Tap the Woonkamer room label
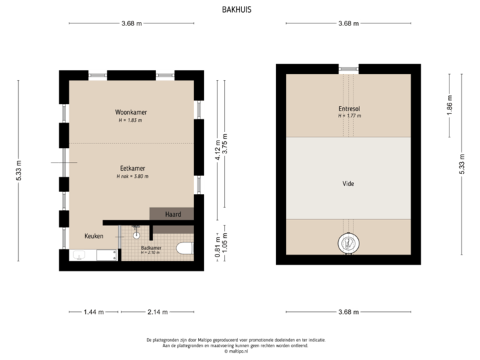[130, 113]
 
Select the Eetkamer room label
[133, 169]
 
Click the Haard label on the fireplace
[173, 214]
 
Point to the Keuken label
[94, 237]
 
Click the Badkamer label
[151, 247]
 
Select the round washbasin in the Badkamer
[136, 235]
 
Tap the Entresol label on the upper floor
[349, 108]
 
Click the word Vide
[348, 183]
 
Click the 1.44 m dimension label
[93, 311]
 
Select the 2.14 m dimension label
[157, 311]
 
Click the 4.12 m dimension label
[217, 150]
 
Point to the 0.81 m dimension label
[217, 246]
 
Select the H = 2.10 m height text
[151, 253]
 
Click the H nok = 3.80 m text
[133, 176]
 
